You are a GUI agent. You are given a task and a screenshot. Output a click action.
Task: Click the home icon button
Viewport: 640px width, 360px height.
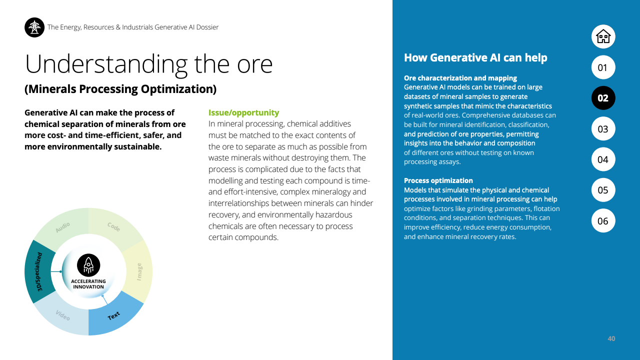603,36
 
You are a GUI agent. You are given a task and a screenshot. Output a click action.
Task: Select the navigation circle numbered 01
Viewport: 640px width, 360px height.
603,67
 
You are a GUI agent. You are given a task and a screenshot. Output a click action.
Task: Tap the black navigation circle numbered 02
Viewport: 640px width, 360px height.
603,98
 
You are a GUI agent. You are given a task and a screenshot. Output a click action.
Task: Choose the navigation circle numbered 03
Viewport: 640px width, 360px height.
603,129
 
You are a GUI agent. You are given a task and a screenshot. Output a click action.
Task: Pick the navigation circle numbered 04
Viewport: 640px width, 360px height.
603,159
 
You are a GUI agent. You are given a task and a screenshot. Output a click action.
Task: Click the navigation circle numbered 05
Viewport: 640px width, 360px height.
603,190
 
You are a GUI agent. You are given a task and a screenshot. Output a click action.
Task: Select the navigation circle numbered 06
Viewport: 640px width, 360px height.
603,221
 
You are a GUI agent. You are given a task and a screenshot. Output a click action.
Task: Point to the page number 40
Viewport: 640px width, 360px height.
611,339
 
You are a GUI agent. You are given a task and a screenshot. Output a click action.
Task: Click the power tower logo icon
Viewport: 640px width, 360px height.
34,27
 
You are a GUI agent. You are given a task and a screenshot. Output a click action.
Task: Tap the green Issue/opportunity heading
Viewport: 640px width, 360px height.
243,113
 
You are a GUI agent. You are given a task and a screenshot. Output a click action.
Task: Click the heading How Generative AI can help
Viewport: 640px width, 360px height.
475,58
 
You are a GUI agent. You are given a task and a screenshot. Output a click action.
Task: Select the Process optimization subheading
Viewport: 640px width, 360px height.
438,180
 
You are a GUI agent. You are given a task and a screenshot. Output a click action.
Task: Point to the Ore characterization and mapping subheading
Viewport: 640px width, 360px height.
460,78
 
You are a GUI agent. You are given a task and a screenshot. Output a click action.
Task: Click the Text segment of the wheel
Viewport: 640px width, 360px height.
114,315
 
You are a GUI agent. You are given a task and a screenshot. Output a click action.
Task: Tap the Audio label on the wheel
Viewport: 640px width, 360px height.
63,227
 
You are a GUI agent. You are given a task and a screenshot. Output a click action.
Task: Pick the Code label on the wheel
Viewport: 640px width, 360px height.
114,227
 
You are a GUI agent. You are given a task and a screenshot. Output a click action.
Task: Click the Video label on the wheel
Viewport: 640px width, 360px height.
62,315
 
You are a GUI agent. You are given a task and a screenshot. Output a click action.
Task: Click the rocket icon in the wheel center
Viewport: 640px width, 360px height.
88,265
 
